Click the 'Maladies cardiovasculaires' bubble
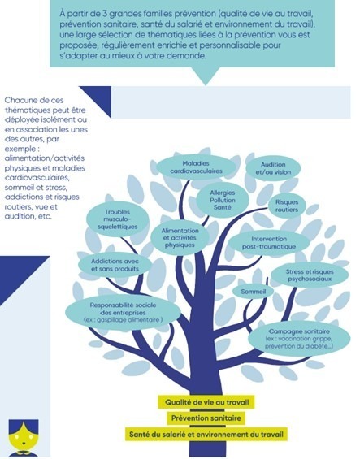[x=196, y=167]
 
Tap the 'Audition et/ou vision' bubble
[x=273, y=168]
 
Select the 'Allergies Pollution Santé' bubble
[x=223, y=200]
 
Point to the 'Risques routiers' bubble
[x=287, y=206]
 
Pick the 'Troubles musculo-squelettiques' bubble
[x=117, y=219]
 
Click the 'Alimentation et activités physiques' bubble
[x=180, y=238]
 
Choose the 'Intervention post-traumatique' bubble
[x=269, y=243]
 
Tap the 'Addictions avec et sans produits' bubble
[x=115, y=265]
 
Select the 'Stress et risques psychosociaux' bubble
[x=310, y=275]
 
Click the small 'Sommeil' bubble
[x=253, y=292]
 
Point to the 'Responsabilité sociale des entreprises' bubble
[x=123, y=312]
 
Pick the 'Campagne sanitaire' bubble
[x=299, y=339]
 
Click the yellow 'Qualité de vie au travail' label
[x=206, y=402]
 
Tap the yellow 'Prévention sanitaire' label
[x=206, y=418]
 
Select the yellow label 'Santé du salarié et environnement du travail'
[x=206, y=434]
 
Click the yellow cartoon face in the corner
[x=24, y=437]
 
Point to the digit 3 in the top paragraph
[x=105, y=14]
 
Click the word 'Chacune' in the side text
[x=19, y=101]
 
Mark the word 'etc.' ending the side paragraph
[x=46, y=217]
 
